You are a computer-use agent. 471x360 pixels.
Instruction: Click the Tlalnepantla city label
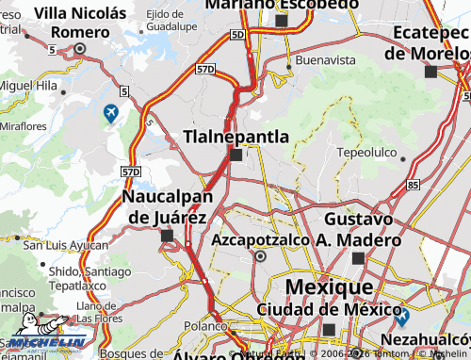[235, 137]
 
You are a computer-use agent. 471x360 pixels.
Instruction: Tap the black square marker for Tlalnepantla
[235, 155]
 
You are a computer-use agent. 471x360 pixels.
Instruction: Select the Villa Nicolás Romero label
[79, 23]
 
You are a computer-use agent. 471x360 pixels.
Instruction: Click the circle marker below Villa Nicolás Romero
[80, 48]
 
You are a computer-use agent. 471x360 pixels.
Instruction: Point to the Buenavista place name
[325, 59]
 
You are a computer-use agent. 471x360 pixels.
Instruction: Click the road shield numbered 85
[414, 185]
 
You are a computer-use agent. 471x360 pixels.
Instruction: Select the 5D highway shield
[236, 35]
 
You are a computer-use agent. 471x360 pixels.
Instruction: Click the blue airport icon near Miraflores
[111, 114]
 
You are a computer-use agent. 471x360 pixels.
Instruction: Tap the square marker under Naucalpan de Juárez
[167, 236]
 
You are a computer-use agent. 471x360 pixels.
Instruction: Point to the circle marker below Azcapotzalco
[262, 255]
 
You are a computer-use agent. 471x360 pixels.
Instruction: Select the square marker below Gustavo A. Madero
[358, 257]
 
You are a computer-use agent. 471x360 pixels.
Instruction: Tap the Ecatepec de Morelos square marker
[430, 72]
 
